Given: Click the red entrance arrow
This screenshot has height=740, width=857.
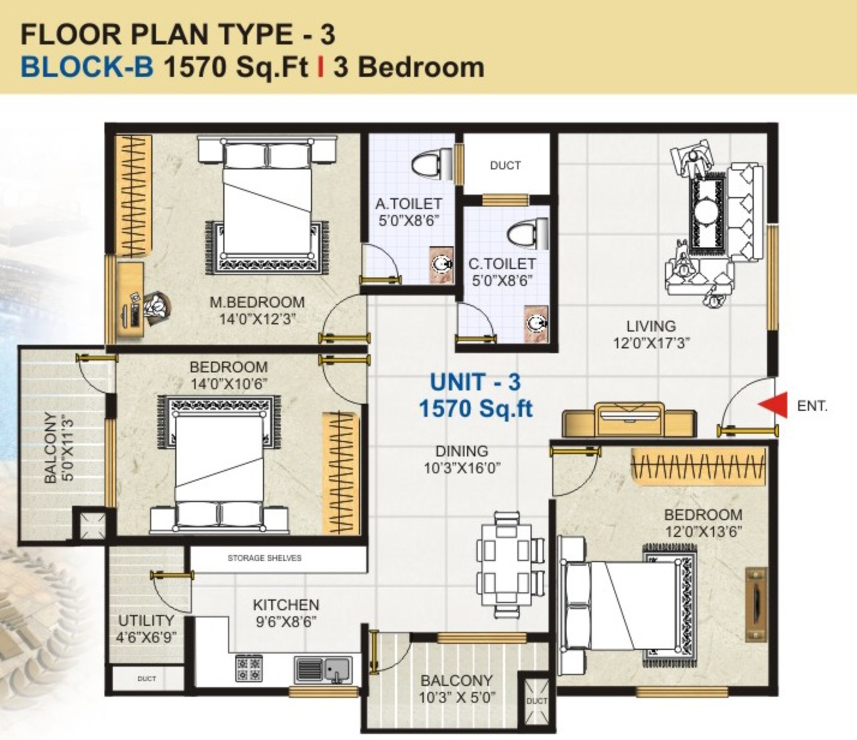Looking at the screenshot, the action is pyautogui.click(x=768, y=405).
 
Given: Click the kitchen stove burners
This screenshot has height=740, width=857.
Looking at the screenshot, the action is pyautogui.click(x=249, y=668).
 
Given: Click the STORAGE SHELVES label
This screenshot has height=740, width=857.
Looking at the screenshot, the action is pyautogui.click(x=264, y=558).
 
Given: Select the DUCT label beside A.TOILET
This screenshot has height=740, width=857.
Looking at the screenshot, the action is pyautogui.click(x=505, y=165).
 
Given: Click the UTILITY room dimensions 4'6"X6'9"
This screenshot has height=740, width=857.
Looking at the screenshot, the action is pyautogui.click(x=147, y=637).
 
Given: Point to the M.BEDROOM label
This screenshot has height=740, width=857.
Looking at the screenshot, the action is pyautogui.click(x=257, y=302).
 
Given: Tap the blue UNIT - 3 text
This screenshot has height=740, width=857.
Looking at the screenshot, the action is pyautogui.click(x=475, y=382).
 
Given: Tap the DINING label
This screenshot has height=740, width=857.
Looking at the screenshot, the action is pyautogui.click(x=462, y=451).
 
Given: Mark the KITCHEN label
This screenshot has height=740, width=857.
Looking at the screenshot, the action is pyautogui.click(x=286, y=605).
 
